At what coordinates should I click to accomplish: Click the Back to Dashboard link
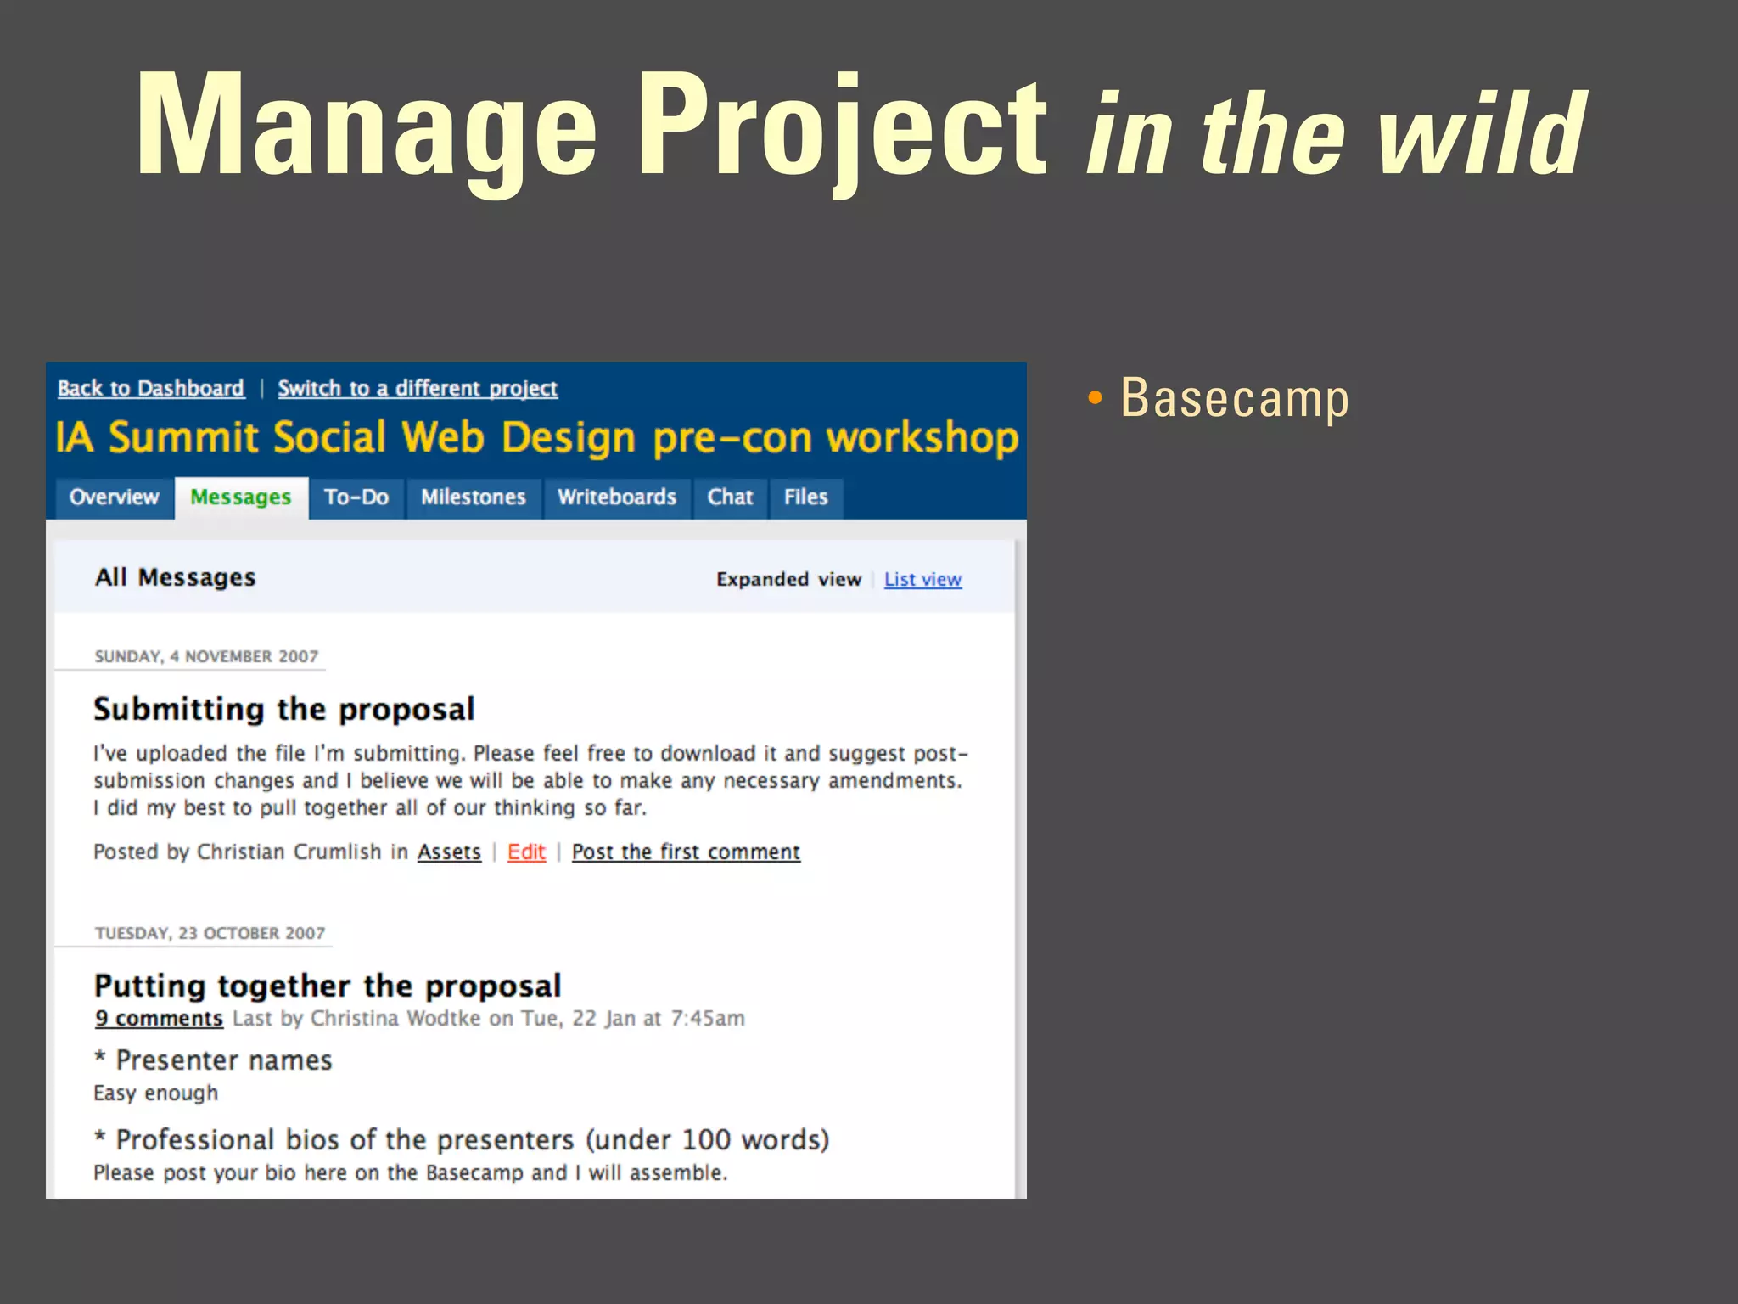coord(151,389)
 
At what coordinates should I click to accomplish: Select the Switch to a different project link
coord(418,389)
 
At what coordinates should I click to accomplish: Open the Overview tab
coord(114,497)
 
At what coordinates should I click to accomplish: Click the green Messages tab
coord(240,497)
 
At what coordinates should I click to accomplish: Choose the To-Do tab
coord(356,497)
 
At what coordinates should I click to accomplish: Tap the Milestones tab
coord(474,497)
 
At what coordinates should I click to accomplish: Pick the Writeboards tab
coord(616,497)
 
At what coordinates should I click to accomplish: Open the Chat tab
coord(730,497)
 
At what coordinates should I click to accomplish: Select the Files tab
coord(805,497)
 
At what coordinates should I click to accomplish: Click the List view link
coord(922,580)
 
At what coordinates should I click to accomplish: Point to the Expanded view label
coord(788,580)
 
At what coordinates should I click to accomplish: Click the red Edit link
coord(526,852)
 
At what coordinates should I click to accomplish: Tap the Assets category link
coord(449,852)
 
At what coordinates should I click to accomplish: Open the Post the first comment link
coord(686,852)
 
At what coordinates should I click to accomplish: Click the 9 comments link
coord(159,1019)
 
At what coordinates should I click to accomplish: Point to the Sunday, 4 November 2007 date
coord(206,657)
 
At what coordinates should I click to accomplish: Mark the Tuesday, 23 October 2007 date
coord(210,934)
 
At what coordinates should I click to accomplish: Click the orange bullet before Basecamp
coord(1095,398)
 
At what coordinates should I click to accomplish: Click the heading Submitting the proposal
coord(283,710)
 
